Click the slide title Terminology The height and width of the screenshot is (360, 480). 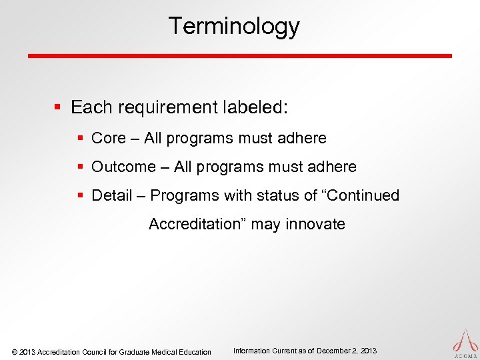(234, 27)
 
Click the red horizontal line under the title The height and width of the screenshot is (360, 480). (240, 55)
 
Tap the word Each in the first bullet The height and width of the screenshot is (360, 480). (87, 107)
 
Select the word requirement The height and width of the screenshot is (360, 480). (159, 108)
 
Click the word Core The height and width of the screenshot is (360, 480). (108, 138)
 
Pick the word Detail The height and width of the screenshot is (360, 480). (111, 195)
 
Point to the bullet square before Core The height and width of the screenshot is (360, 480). (80, 139)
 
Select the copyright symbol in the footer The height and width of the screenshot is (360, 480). (15, 352)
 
